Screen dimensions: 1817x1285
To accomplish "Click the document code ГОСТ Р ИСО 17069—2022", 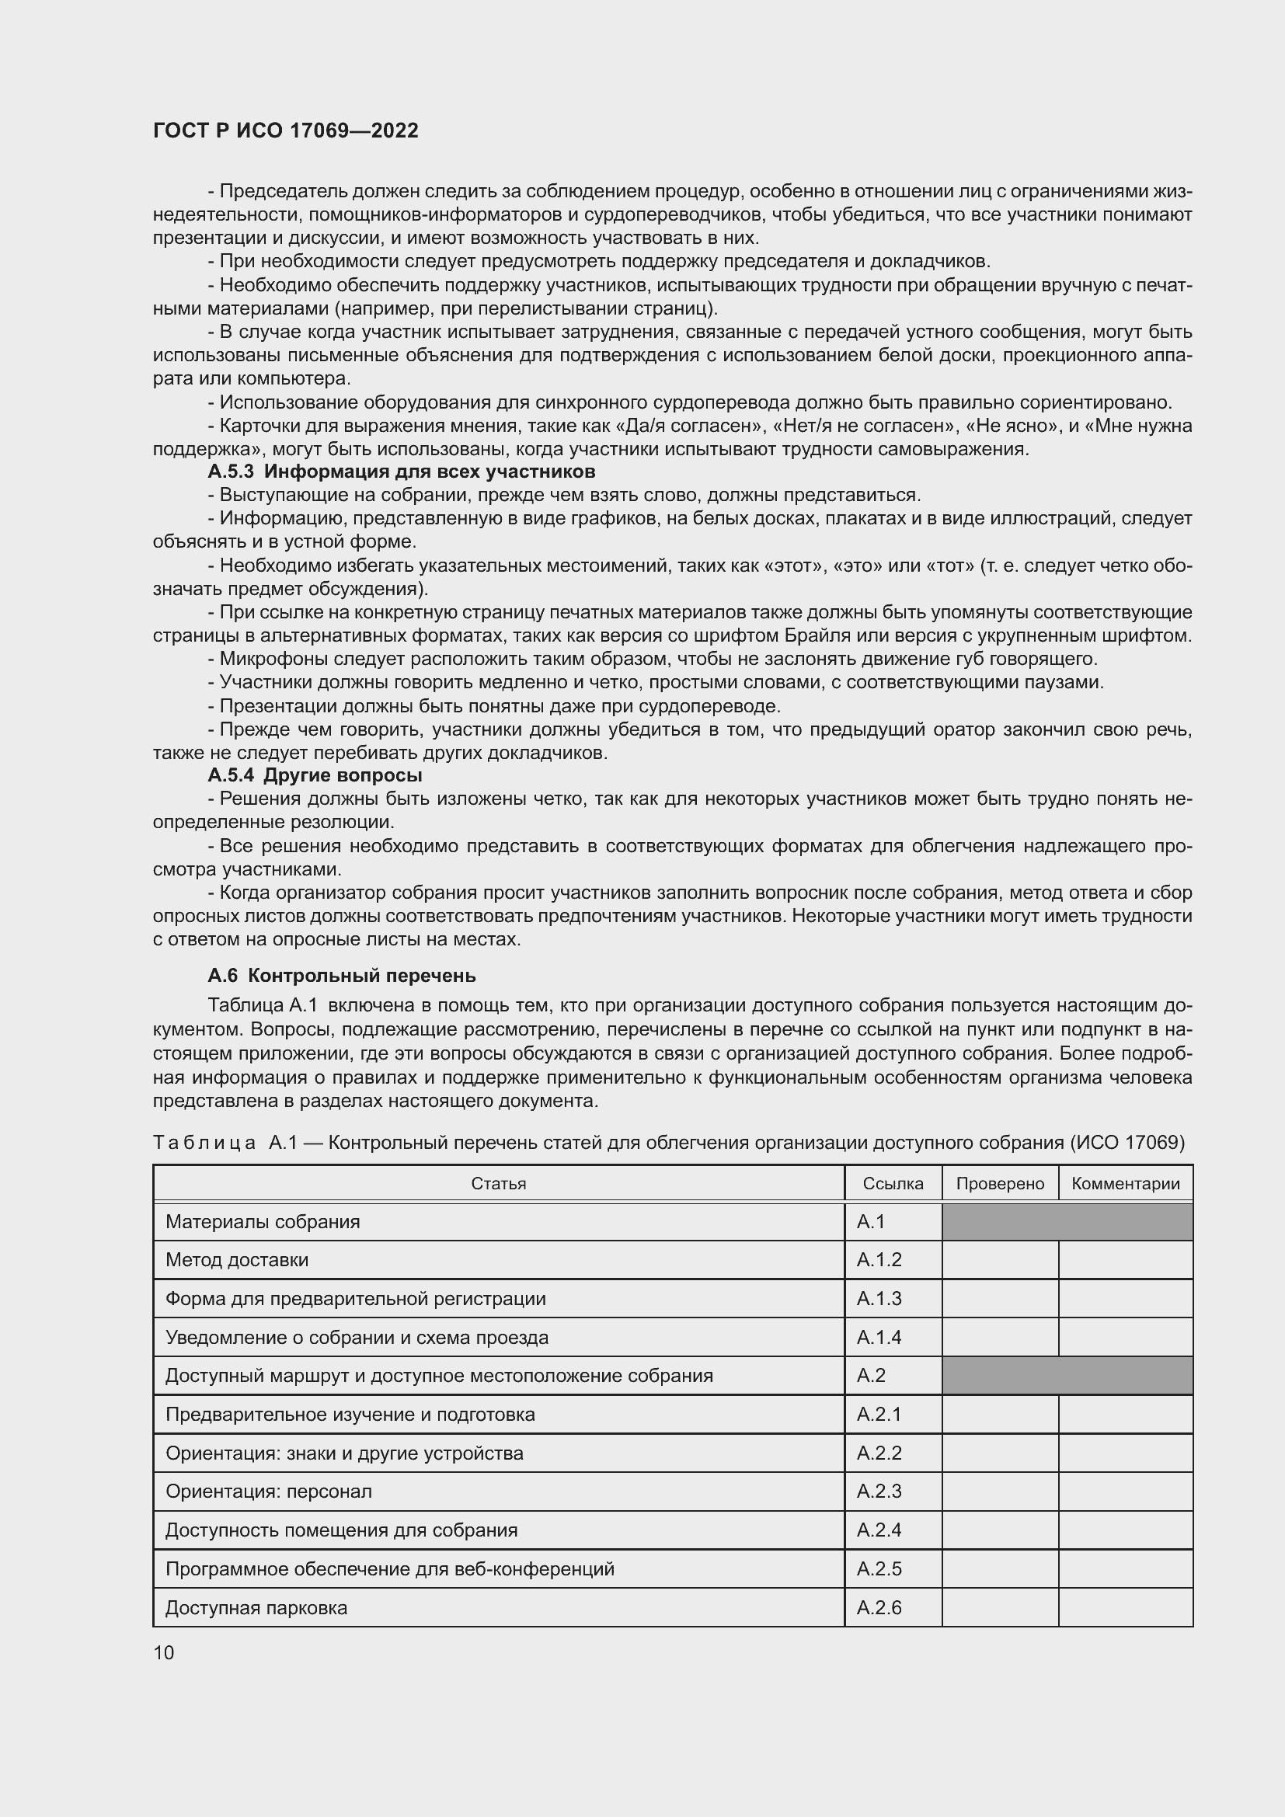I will [x=285, y=131].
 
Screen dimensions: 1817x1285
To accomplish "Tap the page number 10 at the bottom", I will [x=164, y=1652].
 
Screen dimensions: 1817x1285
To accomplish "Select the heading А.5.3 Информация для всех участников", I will [x=401, y=472].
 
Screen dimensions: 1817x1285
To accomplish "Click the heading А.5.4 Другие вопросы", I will [x=314, y=774].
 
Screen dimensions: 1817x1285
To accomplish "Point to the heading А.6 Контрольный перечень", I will [x=341, y=975].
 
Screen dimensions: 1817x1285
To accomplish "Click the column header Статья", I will [x=499, y=1184].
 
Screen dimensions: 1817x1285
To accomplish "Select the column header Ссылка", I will [x=893, y=1184].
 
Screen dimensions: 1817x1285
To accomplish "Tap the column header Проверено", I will [x=999, y=1184].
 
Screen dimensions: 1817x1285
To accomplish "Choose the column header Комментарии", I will [x=1125, y=1184].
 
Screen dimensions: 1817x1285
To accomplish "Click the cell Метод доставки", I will [x=238, y=1260].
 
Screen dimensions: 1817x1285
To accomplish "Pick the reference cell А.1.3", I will [x=879, y=1299].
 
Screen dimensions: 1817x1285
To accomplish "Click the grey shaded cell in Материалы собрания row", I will [x=1067, y=1222].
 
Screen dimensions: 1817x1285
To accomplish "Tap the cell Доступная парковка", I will [x=256, y=1607].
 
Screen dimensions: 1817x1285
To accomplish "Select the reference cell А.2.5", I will [x=879, y=1568].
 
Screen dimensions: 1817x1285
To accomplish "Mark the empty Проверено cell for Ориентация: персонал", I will [x=999, y=1492].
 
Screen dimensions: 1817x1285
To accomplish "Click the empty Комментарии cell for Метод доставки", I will [x=1125, y=1260].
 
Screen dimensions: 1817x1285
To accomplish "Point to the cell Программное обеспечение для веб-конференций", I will [x=389, y=1568].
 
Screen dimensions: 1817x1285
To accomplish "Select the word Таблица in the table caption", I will [x=204, y=1143].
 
